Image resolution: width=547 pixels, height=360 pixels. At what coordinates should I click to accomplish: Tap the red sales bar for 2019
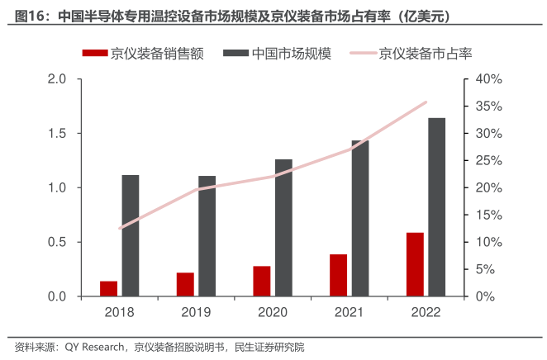[185, 284]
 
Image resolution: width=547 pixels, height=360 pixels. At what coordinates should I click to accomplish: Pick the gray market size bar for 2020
[283, 227]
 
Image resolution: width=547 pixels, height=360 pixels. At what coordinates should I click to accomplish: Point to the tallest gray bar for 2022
[437, 206]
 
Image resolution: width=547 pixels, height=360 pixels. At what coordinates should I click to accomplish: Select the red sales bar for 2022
[415, 264]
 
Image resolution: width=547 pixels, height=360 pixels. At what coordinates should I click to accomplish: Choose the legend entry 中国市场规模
[289, 54]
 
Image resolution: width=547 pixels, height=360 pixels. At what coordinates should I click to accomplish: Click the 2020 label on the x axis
[273, 312]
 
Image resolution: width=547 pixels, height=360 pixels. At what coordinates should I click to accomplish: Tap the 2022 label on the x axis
[426, 312]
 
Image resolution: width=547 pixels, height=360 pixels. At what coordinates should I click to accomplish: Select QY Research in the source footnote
[95, 347]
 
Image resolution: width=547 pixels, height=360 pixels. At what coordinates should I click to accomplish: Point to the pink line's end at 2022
[426, 102]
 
